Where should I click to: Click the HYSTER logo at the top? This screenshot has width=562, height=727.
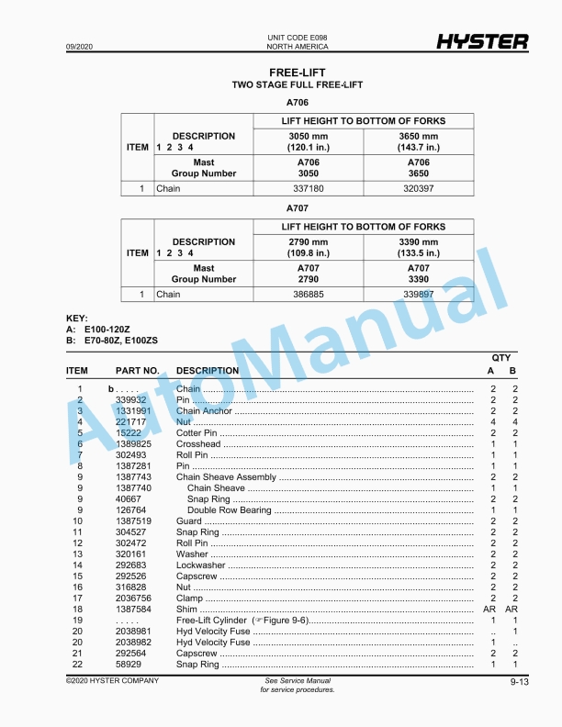[x=482, y=41]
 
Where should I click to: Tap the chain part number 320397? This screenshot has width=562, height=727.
[x=418, y=189]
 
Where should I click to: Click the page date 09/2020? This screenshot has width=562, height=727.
[x=79, y=46]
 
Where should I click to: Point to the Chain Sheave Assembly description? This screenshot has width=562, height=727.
[x=225, y=477]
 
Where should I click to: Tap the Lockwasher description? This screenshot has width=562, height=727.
[x=200, y=565]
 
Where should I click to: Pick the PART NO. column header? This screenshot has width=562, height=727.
[x=138, y=371]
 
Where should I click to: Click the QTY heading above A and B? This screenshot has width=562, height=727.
[x=501, y=358]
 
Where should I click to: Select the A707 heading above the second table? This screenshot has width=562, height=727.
[x=297, y=208]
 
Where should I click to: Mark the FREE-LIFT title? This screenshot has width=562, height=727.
[x=297, y=72]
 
